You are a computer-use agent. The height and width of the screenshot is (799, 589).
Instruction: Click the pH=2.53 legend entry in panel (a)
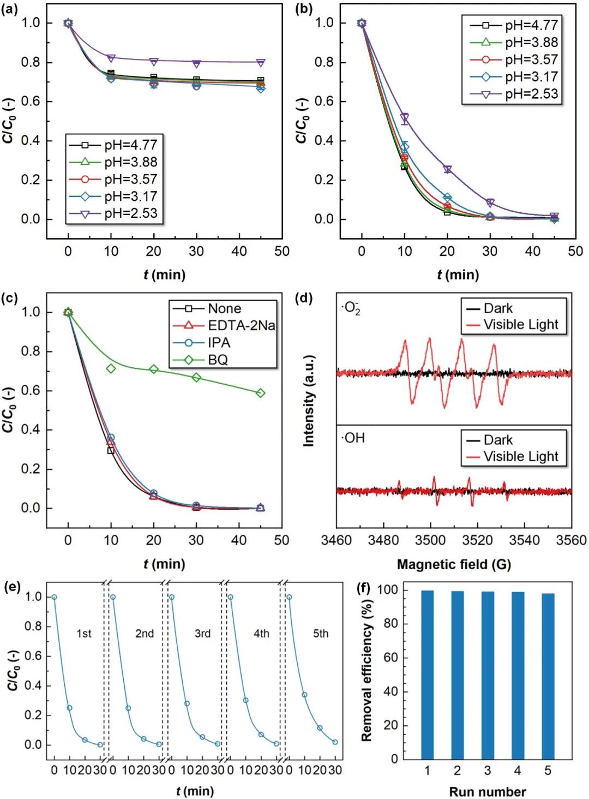pos(130,213)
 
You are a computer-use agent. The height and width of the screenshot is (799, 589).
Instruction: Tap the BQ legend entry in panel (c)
pos(218,360)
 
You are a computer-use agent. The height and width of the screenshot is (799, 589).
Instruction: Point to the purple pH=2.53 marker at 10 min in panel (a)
pos(111,58)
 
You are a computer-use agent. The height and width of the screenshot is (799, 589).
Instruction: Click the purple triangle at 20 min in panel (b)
pos(447,170)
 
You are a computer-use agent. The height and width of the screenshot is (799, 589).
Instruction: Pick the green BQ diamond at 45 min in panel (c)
pos(260,393)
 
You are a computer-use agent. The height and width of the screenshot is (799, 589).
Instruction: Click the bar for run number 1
pos(427,674)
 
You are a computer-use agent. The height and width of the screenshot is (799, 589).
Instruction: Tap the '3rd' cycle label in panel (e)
pos(203,634)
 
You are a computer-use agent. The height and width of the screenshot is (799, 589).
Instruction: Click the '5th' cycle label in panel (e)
pos(321,634)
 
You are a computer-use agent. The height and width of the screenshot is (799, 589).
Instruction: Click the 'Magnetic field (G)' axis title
pos(454,564)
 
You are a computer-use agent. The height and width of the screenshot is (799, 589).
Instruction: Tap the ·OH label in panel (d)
pos(354,438)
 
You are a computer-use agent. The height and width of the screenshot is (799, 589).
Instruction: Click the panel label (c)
pos(10,298)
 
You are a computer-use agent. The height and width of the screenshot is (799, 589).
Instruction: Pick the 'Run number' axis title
pos(487,791)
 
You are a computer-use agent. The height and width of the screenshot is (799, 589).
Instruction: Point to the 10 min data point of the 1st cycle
pos(69,708)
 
